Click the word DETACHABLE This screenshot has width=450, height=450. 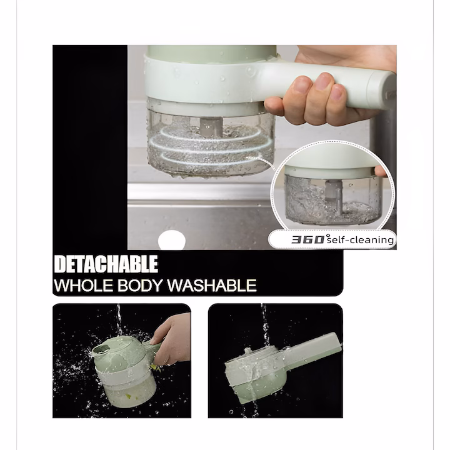[x=106, y=264]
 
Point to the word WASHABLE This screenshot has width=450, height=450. [x=212, y=285]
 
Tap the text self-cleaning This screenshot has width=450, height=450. [x=360, y=239]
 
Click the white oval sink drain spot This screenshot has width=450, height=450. [x=172, y=240]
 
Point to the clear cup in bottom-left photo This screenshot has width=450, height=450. [x=129, y=389]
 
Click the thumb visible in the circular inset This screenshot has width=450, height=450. [x=381, y=171]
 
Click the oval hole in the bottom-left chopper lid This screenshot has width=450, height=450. [x=102, y=349]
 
